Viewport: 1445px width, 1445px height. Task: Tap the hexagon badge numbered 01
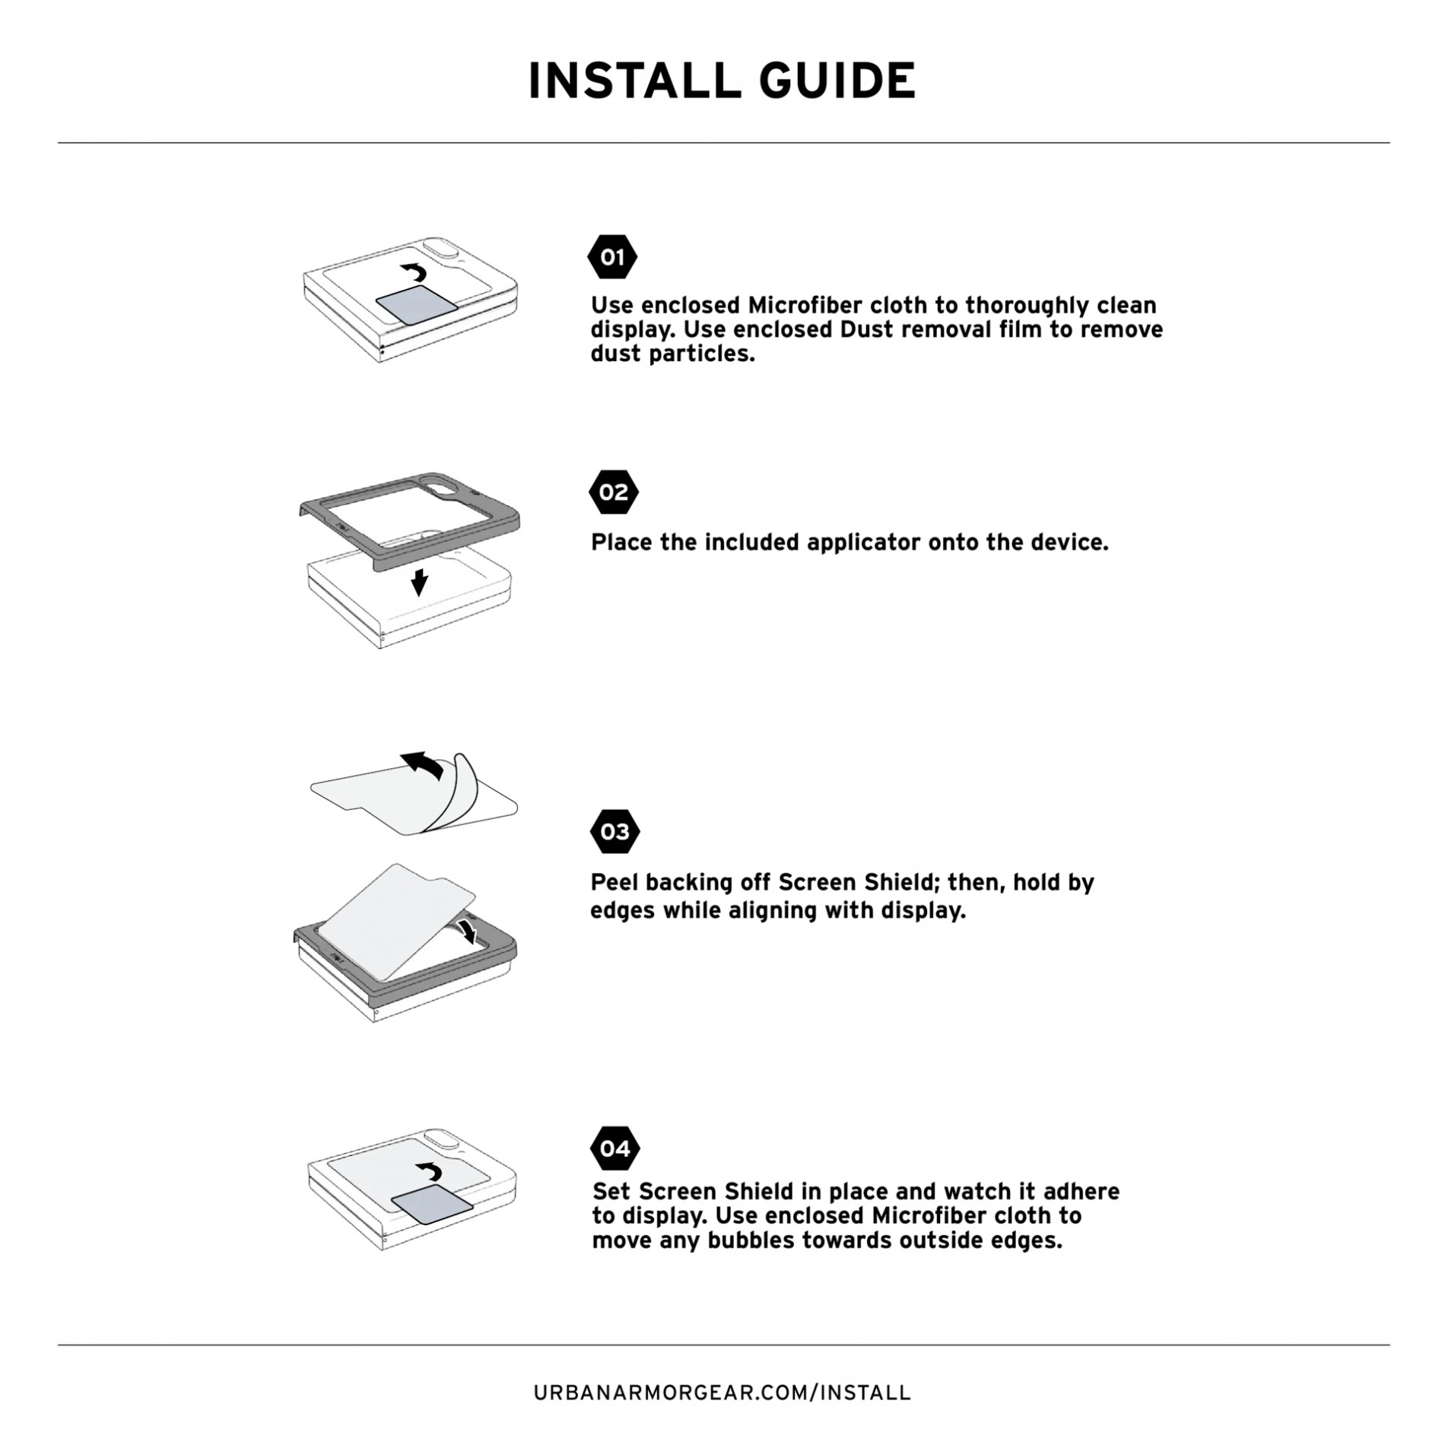(x=612, y=257)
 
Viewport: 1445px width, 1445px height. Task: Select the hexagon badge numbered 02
(x=613, y=492)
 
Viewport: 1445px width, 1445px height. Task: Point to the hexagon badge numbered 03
(x=615, y=831)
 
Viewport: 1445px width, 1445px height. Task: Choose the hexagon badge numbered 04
(x=615, y=1148)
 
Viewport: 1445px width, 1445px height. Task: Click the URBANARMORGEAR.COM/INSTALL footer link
(x=722, y=1393)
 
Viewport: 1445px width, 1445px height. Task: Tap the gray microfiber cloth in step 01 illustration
(x=418, y=306)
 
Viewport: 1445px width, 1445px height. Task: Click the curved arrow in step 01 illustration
(x=415, y=272)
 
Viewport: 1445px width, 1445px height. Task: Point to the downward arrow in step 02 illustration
(x=419, y=583)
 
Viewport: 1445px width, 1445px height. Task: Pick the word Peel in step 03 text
(x=610, y=882)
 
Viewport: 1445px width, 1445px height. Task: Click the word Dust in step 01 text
(x=863, y=329)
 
